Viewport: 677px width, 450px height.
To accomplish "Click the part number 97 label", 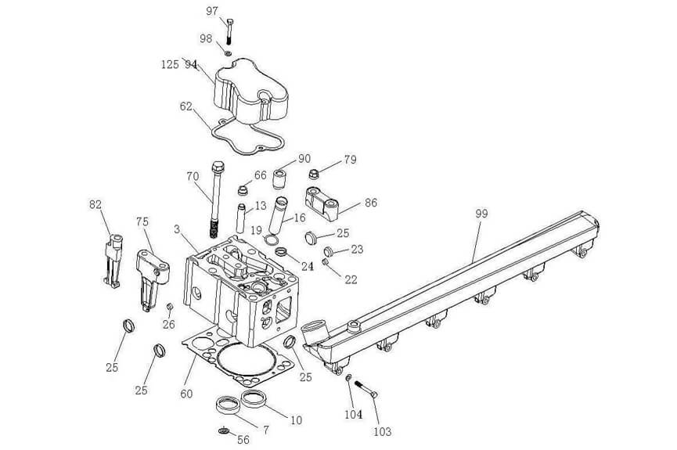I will point(212,11).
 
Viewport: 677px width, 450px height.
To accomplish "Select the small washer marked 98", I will point(228,54).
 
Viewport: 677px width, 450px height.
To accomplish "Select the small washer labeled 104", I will point(348,379).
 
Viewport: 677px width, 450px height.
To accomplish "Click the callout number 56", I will point(243,440).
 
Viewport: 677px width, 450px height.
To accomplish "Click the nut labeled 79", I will point(314,174).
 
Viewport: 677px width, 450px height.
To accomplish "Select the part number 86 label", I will point(371,202).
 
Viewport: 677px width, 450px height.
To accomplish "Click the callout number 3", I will point(178,229).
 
